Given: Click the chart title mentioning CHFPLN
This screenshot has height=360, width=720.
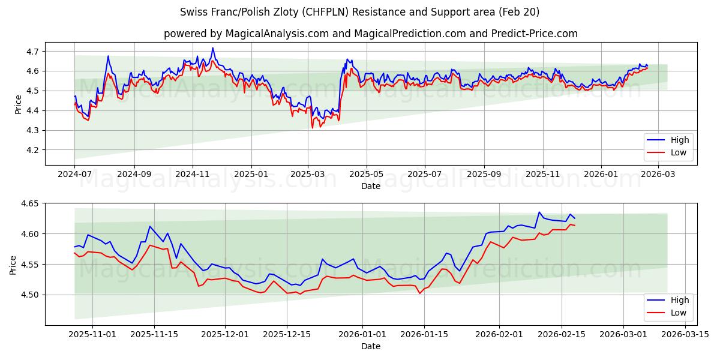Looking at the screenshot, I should click(359, 12).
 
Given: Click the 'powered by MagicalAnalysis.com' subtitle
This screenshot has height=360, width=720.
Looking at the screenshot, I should click(370, 34).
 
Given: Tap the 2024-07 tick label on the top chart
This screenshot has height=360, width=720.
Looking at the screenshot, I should click(75, 175).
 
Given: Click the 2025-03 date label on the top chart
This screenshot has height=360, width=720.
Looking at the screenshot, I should click(308, 175).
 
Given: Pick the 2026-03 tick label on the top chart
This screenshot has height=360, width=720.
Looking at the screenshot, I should click(658, 175).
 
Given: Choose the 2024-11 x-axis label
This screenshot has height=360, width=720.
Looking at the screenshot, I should click(193, 175).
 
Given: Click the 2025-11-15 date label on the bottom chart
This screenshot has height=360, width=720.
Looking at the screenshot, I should click(154, 335).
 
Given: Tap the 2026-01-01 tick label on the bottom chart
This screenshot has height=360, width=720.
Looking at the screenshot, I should click(362, 335).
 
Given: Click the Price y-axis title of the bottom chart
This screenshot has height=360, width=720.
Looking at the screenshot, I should click(13, 265).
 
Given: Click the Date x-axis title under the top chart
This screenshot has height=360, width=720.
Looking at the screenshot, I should click(370, 186).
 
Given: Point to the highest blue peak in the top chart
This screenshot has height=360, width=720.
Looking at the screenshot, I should click(212, 48).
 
